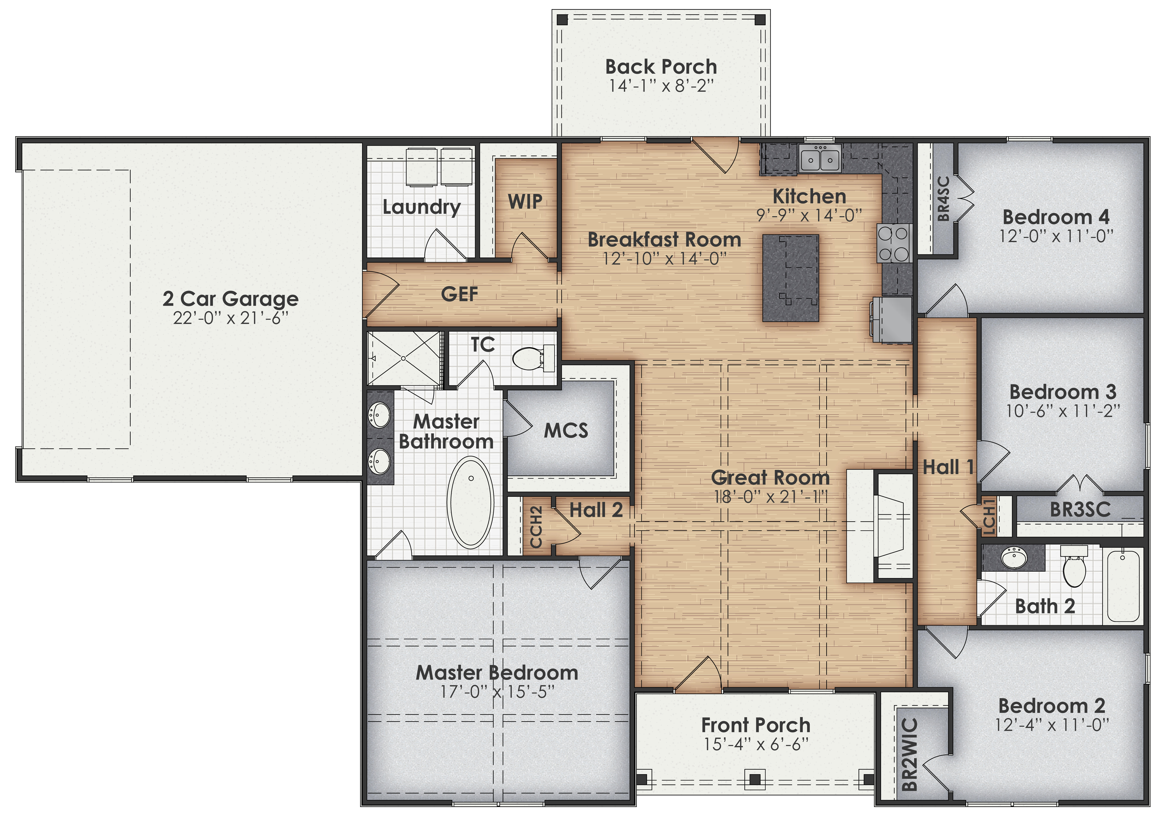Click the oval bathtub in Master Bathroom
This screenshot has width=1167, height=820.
pos(470,502)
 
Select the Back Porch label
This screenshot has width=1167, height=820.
pos(661,67)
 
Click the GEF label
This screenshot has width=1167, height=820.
pos(459,294)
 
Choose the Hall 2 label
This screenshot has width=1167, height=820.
pos(596,510)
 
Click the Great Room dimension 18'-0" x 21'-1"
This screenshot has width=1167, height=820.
pos(771,497)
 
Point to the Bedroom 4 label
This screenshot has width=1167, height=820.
pos(1056,217)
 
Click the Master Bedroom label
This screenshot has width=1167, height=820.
pos(497,673)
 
